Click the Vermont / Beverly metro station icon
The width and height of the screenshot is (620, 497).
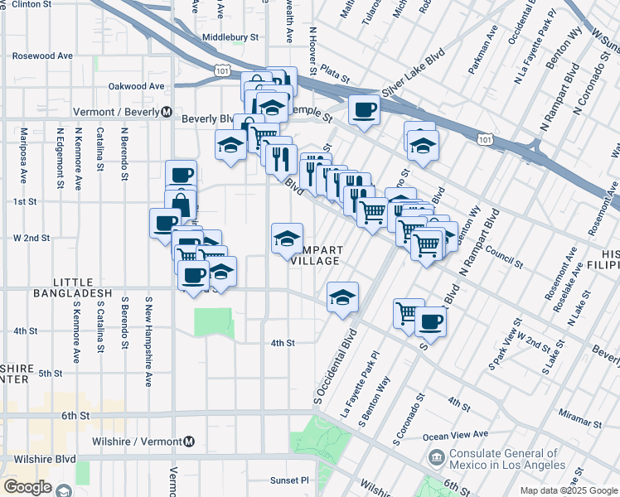167,112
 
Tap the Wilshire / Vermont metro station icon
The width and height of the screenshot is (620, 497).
190,441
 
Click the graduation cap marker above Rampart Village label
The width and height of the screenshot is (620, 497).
287,239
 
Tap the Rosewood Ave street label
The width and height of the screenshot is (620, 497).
42,56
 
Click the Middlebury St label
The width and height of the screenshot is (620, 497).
230,37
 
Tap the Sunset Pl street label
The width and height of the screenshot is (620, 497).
288,480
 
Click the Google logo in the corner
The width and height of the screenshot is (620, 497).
27,487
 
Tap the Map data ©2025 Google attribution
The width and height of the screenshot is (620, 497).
568,490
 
